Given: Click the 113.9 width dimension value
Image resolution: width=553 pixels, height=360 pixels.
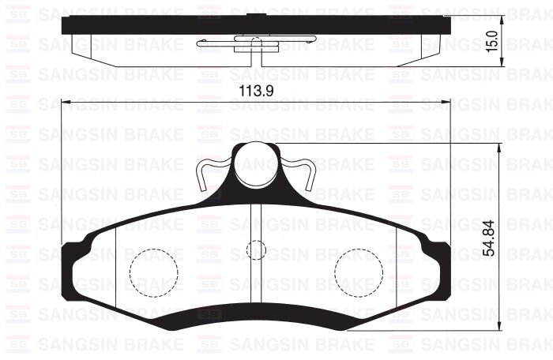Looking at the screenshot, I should (x=256, y=91).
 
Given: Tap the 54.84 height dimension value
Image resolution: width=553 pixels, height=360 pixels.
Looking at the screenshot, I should (x=491, y=238).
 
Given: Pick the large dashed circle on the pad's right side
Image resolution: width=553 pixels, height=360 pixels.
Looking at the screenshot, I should (x=358, y=272).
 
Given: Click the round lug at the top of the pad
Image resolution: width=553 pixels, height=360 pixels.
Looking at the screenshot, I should (x=256, y=162).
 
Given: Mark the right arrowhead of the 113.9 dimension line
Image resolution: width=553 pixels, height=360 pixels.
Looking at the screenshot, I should (x=447, y=102).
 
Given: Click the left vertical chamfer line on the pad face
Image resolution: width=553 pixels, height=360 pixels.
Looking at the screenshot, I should (x=116, y=268).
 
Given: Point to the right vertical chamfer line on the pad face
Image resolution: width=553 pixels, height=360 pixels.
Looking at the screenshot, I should (x=395, y=268).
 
